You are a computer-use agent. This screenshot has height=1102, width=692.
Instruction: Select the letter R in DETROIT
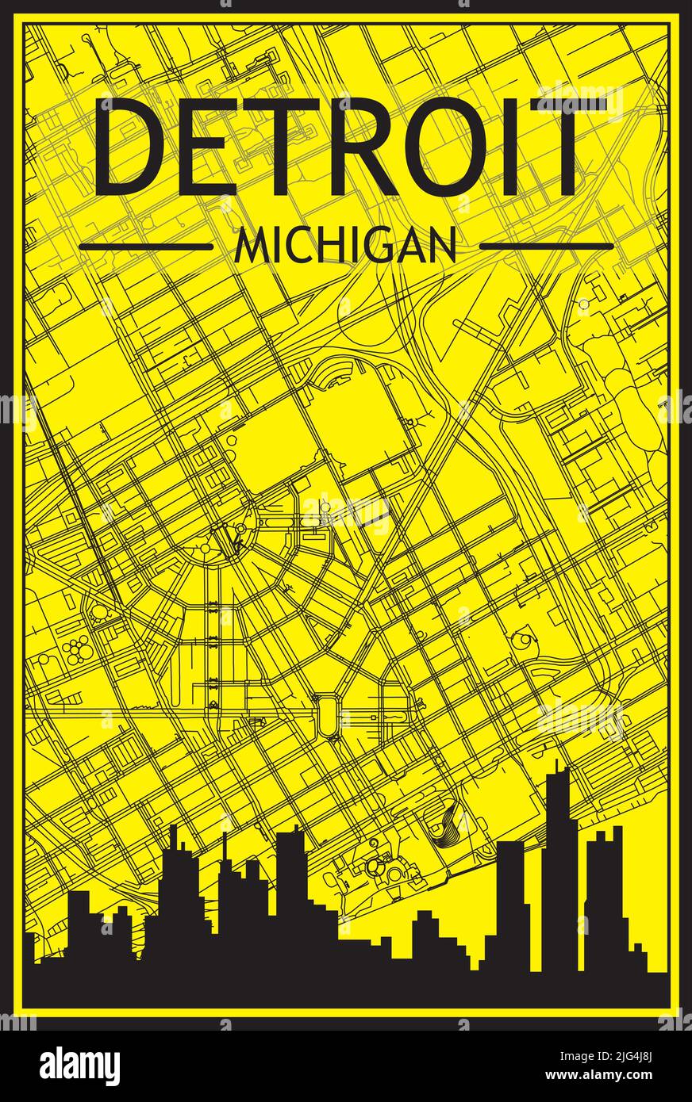point(381,147)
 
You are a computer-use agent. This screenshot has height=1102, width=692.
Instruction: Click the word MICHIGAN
point(346,247)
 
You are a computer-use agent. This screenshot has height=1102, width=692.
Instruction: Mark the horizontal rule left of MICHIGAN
point(146,247)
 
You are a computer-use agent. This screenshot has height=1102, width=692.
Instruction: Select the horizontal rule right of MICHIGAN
point(547,247)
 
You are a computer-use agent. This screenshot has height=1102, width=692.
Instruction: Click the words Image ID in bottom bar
point(567,1057)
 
